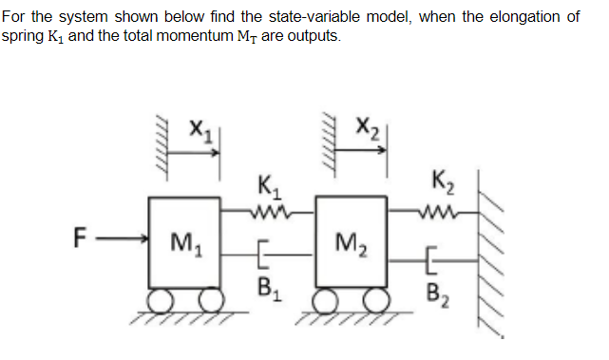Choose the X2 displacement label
tap(367, 124)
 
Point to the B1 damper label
tap(269, 286)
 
